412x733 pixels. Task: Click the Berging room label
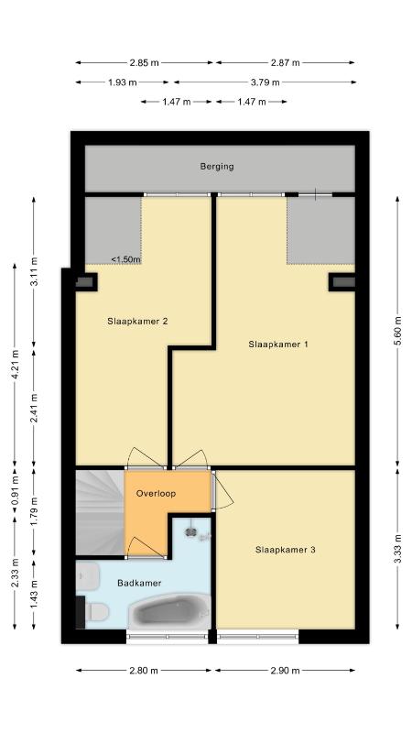coord(217,166)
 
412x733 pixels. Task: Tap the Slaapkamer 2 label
coord(137,322)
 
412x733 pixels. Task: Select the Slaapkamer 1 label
coord(278,345)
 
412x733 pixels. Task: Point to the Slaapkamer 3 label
coord(285,550)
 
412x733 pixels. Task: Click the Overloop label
coord(156,493)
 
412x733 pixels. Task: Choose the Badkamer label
coord(139,583)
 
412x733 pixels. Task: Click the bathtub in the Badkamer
coord(169,611)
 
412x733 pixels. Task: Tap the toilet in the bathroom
coord(97,611)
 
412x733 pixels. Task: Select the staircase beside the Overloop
coord(100,513)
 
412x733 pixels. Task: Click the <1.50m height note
coord(125,259)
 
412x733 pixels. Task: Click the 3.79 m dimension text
coord(265,82)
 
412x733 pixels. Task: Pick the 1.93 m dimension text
coord(123,82)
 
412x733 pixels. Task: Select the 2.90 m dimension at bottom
coord(285,671)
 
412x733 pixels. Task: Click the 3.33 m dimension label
coord(397,549)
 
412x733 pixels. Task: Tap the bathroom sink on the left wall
coord(88,576)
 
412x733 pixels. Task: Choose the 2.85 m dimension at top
coord(145,62)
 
